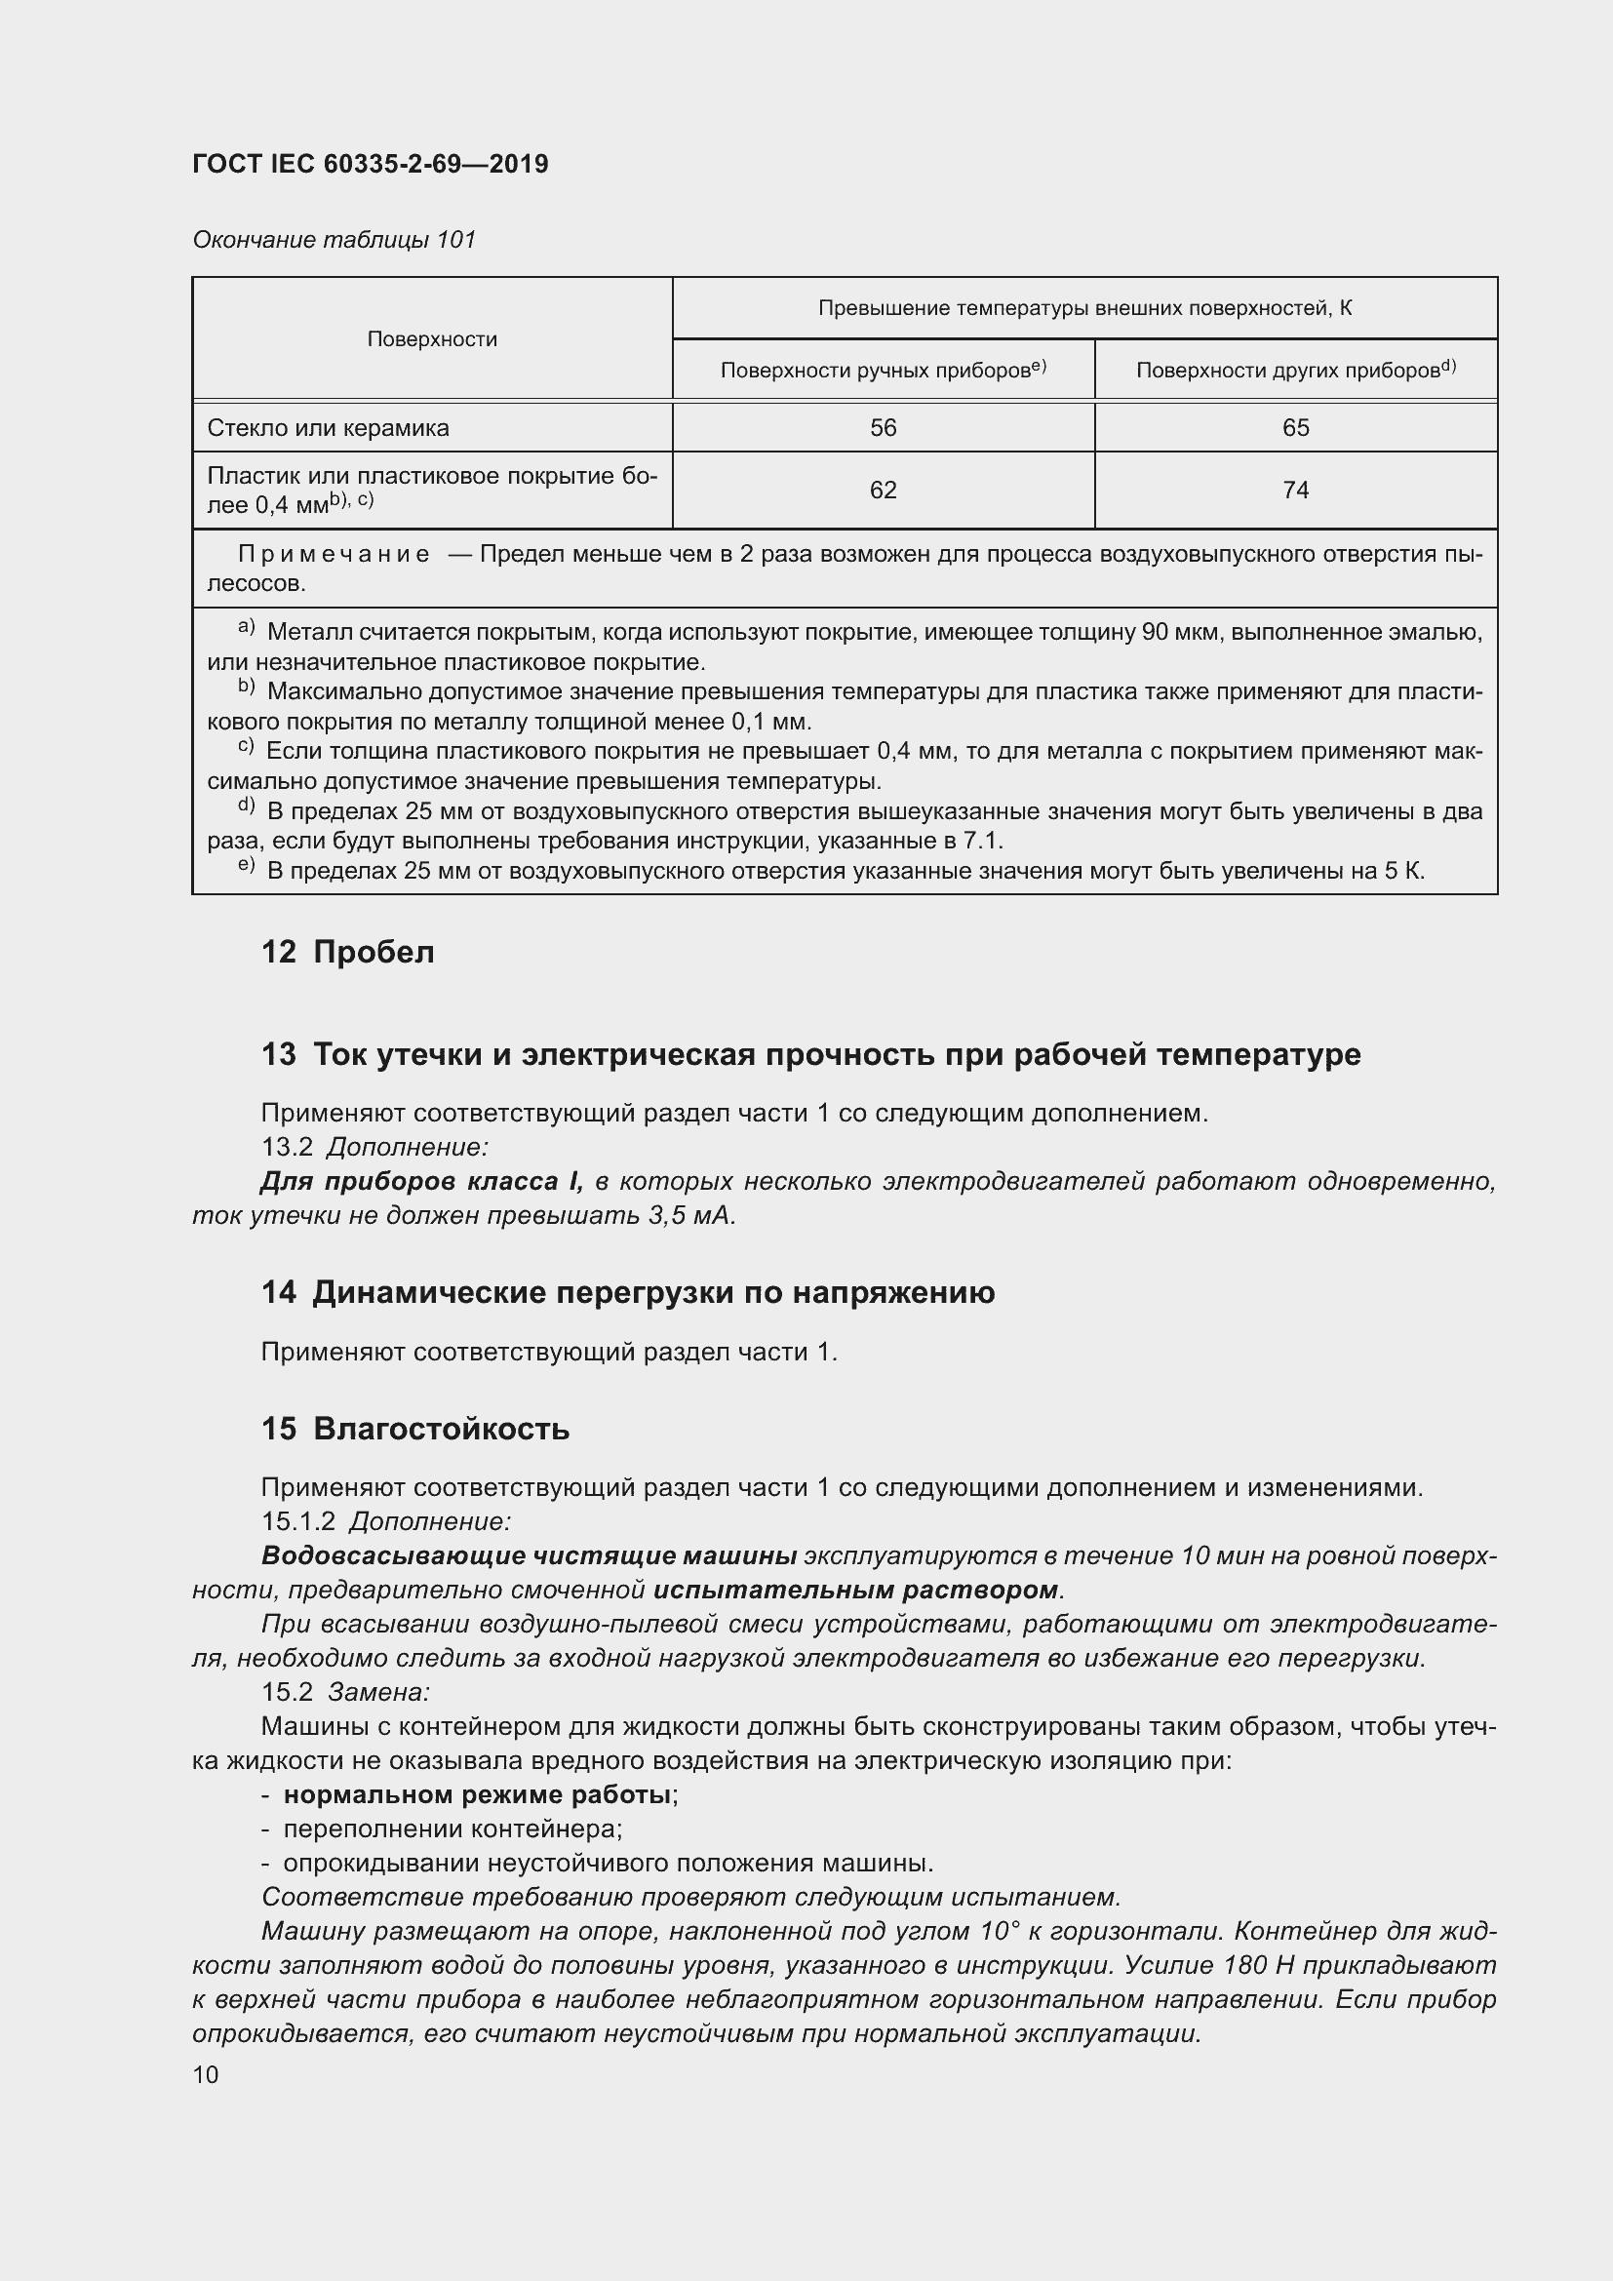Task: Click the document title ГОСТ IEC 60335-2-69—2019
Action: coord(370,164)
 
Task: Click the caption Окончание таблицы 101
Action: coord(334,240)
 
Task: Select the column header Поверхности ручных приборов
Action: coord(882,371)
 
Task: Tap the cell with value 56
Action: coord(882,428)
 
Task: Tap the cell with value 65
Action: coord(1295,428)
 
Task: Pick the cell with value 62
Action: coord(882,490)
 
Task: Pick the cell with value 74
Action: coord(1295,490)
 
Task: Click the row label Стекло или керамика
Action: coord(328,428)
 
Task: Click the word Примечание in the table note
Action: coord(334,554)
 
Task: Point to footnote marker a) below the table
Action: coord(247,629)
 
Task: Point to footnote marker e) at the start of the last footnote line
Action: coord(247,867)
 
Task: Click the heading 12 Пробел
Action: coord(347,952)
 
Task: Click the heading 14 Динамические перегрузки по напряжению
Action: coord(628,1292)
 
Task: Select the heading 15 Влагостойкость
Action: coord(415,1429)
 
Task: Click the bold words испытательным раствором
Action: coord(855,1590)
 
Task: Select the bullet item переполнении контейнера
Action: coord(452,1829)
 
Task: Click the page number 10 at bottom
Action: coord(206,2074)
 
